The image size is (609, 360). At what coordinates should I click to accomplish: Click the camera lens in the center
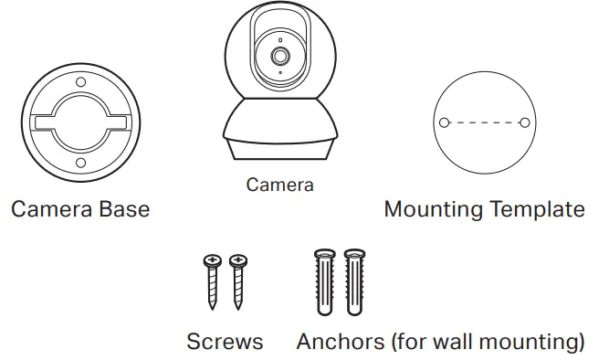(x=279, y=57)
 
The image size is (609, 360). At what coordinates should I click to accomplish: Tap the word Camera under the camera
(x=279, y=185)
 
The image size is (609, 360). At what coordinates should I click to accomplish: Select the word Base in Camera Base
(x=121, y=209)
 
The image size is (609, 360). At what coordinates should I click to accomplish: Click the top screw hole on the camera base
(x=80, y=85)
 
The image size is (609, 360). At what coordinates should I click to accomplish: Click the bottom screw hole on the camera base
(x=80, y=163)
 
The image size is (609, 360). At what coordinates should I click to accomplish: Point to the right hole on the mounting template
(x=524, y=122)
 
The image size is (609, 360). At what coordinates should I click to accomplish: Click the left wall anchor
(x=325, y=282)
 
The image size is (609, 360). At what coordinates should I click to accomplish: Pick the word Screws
(x=225, y=343)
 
